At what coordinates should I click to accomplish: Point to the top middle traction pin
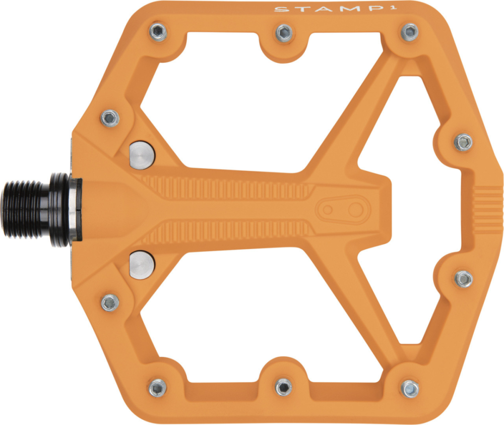284,33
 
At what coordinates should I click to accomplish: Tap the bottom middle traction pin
284,387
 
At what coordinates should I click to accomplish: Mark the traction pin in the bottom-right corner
410,388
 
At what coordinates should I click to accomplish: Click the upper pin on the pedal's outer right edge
463,142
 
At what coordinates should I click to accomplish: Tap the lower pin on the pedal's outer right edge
463,278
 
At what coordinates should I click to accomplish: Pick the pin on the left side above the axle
110,118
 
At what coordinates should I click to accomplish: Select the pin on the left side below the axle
110,302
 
